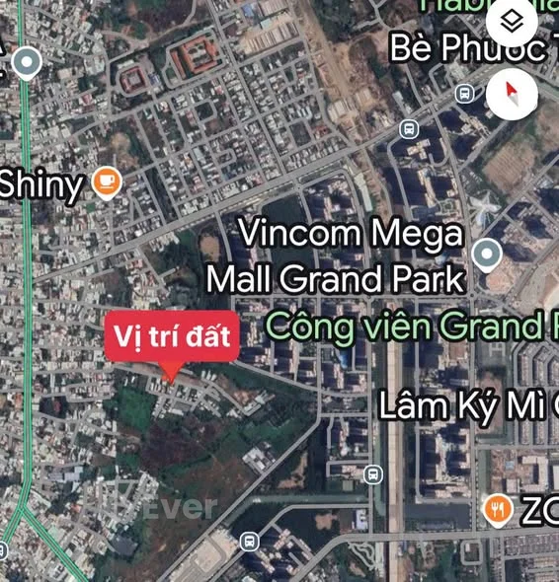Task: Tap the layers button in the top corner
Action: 512,21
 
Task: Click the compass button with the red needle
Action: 513,95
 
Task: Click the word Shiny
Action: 40,184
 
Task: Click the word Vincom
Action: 299,235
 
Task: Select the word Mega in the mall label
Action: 415,235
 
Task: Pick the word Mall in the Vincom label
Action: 240,278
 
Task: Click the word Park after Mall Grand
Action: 425,278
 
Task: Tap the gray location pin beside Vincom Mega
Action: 486,255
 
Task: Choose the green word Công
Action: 299,325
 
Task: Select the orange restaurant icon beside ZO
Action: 498,509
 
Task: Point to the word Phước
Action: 499,47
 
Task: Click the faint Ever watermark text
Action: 183,508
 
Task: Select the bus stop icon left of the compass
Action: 465,94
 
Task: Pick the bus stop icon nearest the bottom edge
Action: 249,541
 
